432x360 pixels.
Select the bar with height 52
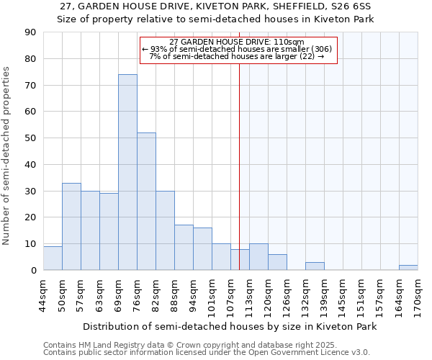point(146,202)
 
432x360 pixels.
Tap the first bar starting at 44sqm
point(53,258)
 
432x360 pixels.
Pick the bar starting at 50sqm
point(71,227)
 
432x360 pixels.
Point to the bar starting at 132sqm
point(315,266)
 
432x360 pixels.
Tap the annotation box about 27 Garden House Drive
point(238,50)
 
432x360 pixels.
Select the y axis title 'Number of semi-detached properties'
point(6,156)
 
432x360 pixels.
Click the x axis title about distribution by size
point(230,326)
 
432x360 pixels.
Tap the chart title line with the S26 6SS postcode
point(216,6)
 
